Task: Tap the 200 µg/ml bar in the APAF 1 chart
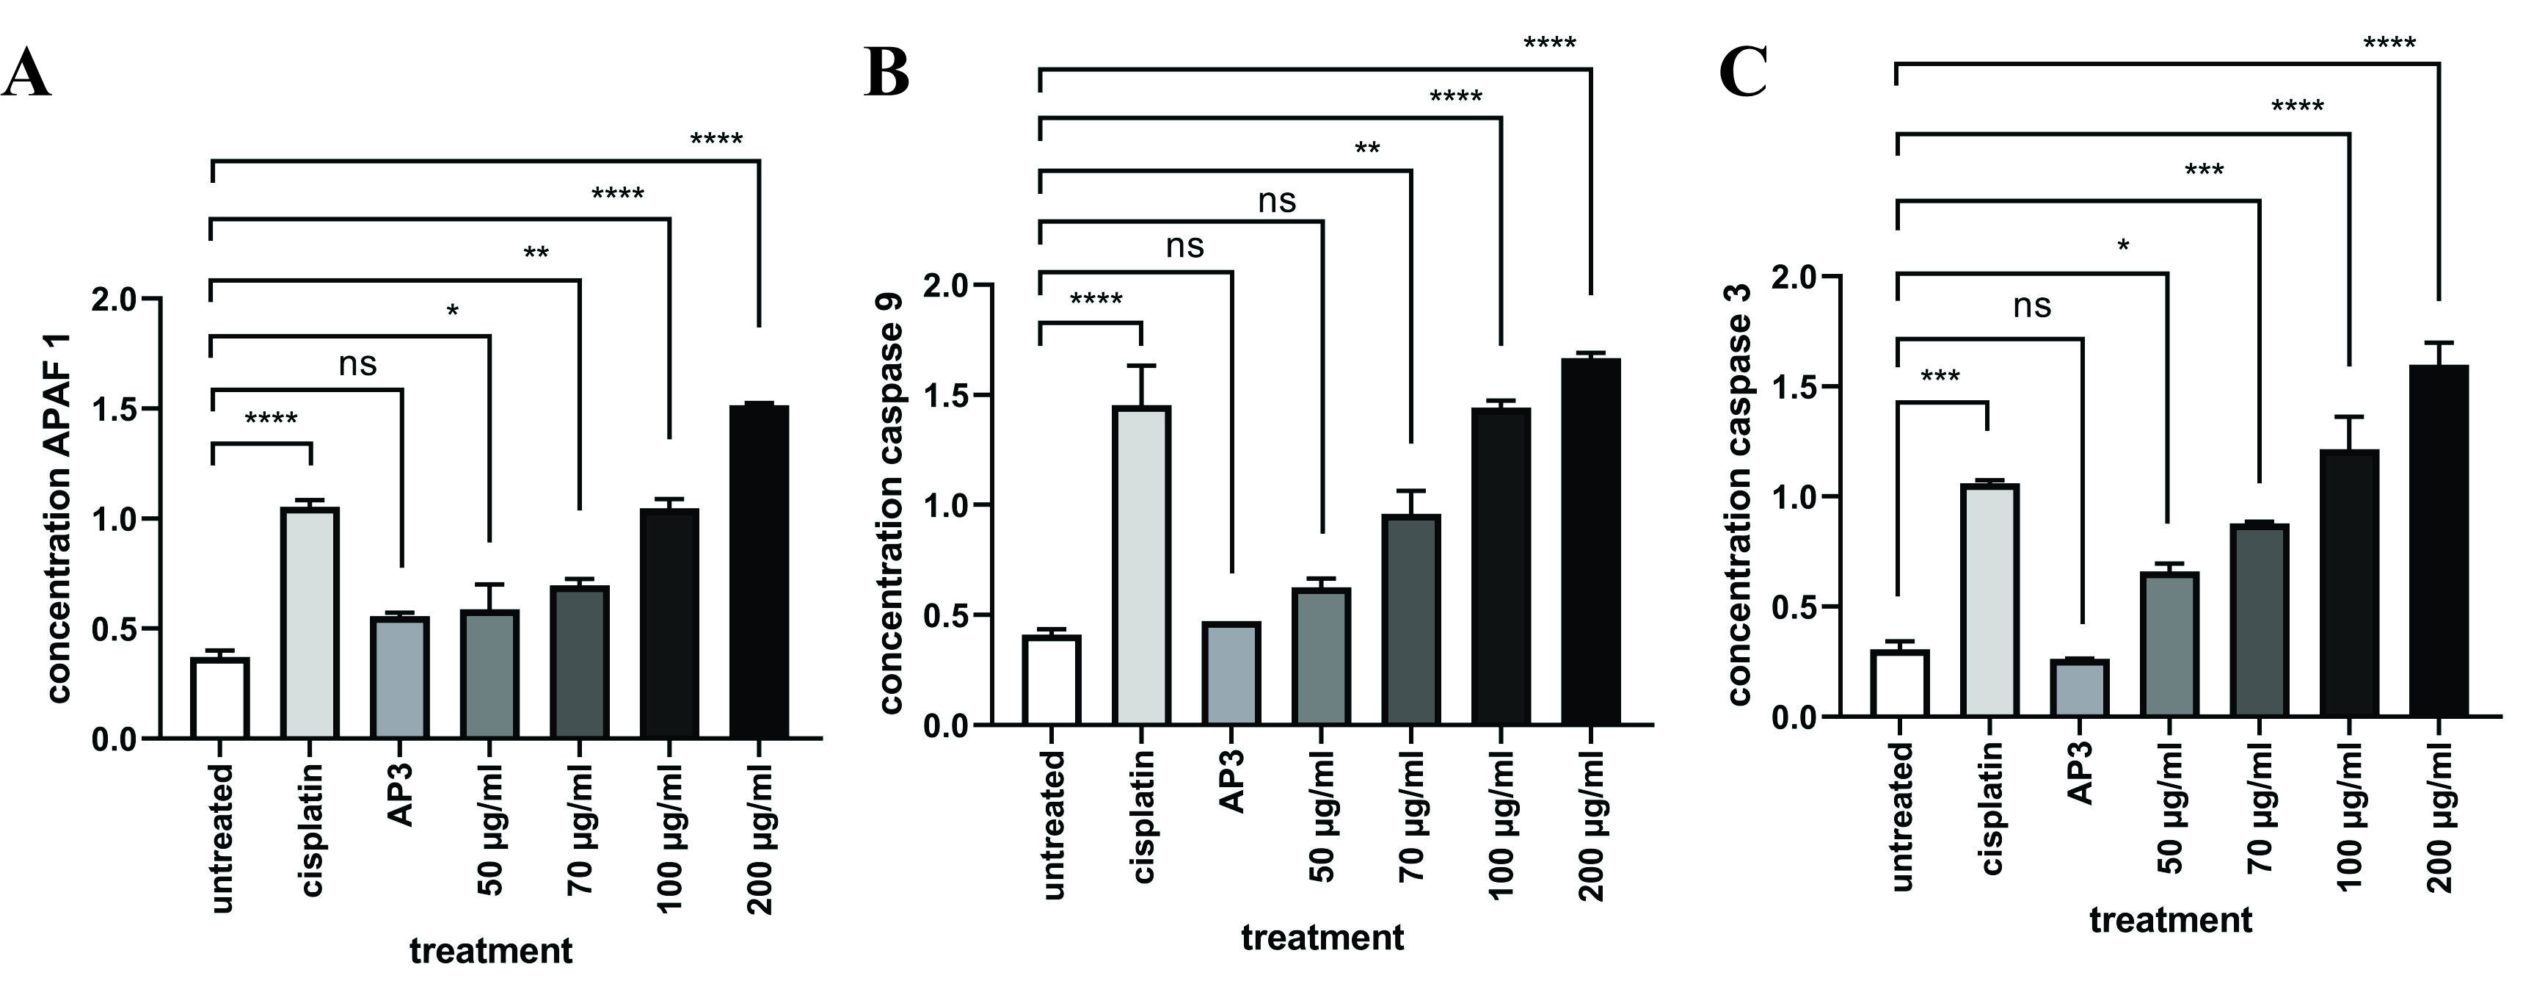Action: [x=759, y=571]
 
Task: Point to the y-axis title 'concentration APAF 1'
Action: [x=58, y=519]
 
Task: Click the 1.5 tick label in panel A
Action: [x=114, y=410]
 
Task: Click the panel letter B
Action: [x=887, y=73]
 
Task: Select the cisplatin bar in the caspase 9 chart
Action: [x=1141, y=566]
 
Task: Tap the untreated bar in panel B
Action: [x=1051, y=681]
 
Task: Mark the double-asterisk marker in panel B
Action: [x=1367, y=150]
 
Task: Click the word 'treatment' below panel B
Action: [x=1322, y=938]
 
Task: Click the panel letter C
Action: [x=1744, y=73]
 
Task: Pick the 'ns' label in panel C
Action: [x=2032, y=307]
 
